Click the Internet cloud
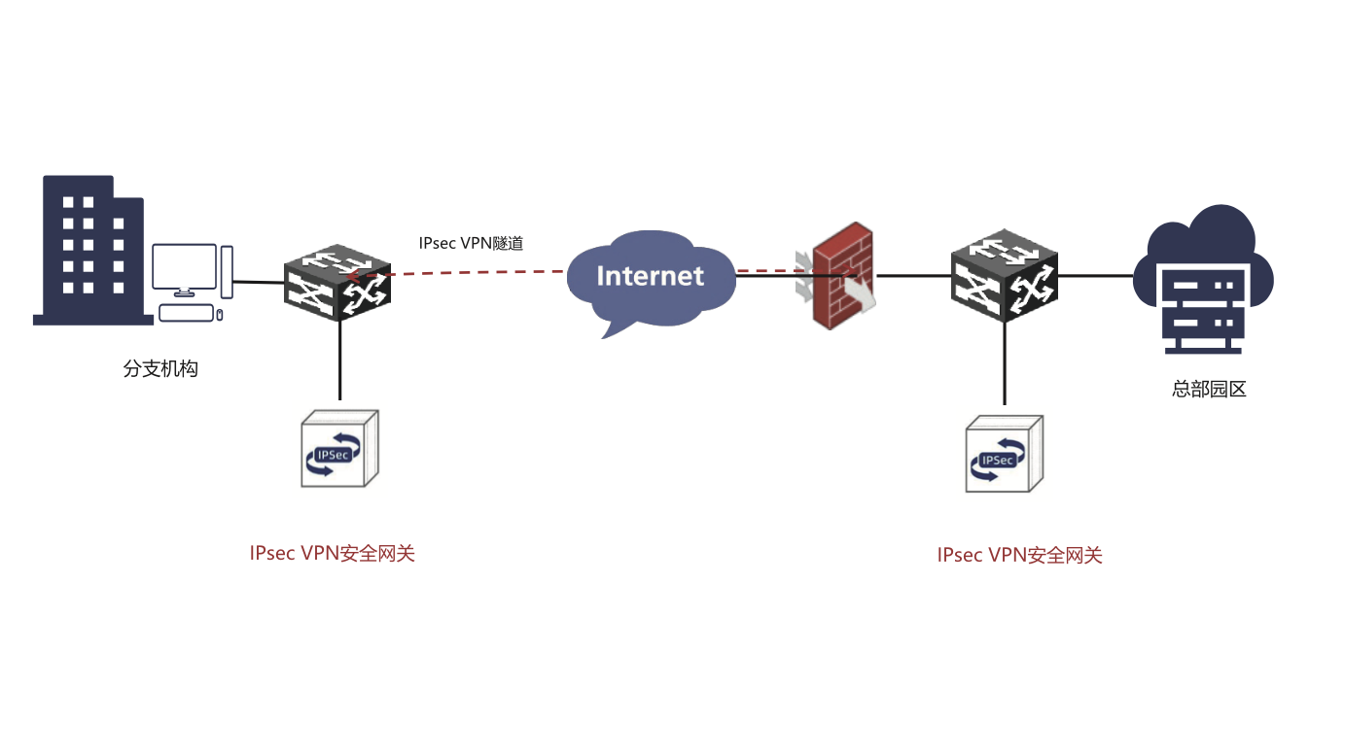click(649, 277)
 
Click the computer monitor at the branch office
click(184, 269)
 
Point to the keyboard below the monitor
click(186, 313)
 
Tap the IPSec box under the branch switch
click(337, 450)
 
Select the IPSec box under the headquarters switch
click(1004, 455)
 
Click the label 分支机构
click(159, 369)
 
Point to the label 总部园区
click(1209, 390)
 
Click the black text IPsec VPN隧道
click(471, 244)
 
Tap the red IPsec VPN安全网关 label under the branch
click(332, 554)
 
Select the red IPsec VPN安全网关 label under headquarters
click(1019, 556)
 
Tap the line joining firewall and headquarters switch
click(914, 275)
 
